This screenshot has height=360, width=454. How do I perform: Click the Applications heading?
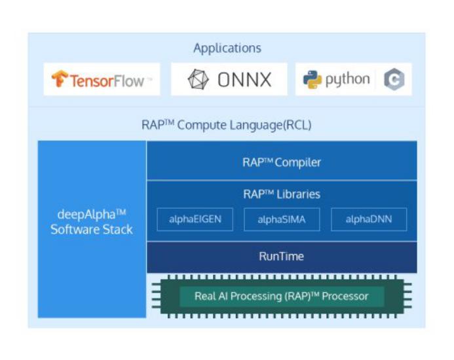coord(227,48)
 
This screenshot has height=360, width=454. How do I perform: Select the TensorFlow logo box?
coord(102,80)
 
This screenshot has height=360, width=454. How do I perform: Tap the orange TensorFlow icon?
coord(60,79)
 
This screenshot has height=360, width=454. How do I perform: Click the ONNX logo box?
coord(229,80)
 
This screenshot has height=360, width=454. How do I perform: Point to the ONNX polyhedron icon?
coord(198,80)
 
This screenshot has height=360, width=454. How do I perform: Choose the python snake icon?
coord(312,80)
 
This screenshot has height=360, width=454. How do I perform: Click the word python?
coord(347,80)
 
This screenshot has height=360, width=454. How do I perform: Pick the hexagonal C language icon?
coord(394,80)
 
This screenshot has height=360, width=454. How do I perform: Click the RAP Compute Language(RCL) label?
coord(227,124)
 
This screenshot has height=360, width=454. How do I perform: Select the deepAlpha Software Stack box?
coord(92,223)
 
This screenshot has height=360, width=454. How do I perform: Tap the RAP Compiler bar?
coord(282,162)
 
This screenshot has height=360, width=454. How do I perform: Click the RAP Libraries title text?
coord(282,194)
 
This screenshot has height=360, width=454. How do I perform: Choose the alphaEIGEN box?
coord(195,220)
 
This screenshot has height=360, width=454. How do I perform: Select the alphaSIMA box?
coord(282,220)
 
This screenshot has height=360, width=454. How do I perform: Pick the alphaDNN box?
coord(368,220)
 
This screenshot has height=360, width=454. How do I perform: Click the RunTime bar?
coord(282,257)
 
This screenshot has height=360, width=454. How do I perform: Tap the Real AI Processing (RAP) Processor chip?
coord(282,297)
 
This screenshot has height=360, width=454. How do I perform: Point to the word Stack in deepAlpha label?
coord(118,230)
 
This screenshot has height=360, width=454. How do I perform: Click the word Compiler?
coord(298,162)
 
